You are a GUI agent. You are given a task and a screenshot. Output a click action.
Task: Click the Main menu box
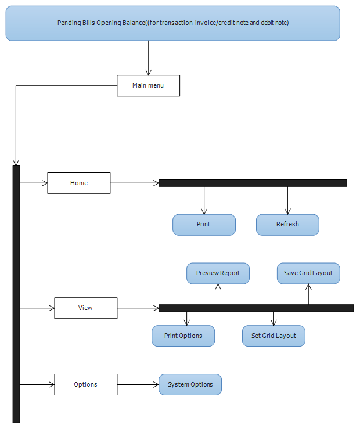(x=148, y=86)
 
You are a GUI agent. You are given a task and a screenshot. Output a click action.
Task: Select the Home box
(x=79, y=183)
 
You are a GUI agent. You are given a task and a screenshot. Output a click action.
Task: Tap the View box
(x=86, y=308)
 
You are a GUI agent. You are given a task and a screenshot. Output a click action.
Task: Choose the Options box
(x=86, y=384)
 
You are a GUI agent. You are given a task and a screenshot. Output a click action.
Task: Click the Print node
(x=204, y=225)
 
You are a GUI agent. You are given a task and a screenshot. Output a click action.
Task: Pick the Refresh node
(x=287, y=225)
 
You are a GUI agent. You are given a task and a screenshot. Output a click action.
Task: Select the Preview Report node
(x=218, y=273)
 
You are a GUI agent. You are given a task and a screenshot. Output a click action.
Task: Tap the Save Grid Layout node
(x=308, y=273)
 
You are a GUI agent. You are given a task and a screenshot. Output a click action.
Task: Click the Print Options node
(x=183, y=336)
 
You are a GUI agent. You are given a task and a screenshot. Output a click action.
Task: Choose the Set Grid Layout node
(x=273, y=336)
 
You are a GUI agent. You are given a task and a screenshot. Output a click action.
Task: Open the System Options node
(x=190, y=384)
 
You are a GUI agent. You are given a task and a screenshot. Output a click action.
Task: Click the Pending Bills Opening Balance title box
(x=173, y=23)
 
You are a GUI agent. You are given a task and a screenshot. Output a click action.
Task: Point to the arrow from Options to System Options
(x=138, y=385)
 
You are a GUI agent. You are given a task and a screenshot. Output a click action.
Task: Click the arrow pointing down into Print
(x=204, y=200)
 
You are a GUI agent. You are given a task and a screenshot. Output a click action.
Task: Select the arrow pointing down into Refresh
(x=287, y=200)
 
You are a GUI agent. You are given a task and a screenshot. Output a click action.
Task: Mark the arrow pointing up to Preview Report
(x=218, y=294)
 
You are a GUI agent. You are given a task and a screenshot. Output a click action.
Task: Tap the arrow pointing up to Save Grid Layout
(x=308, y=294)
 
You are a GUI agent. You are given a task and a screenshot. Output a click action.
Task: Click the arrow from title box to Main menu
(x=149, y=58)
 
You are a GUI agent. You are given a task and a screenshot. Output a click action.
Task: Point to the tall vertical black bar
(x=16, y=294)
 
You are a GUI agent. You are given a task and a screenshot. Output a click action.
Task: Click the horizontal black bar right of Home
(x=253, y=183)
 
